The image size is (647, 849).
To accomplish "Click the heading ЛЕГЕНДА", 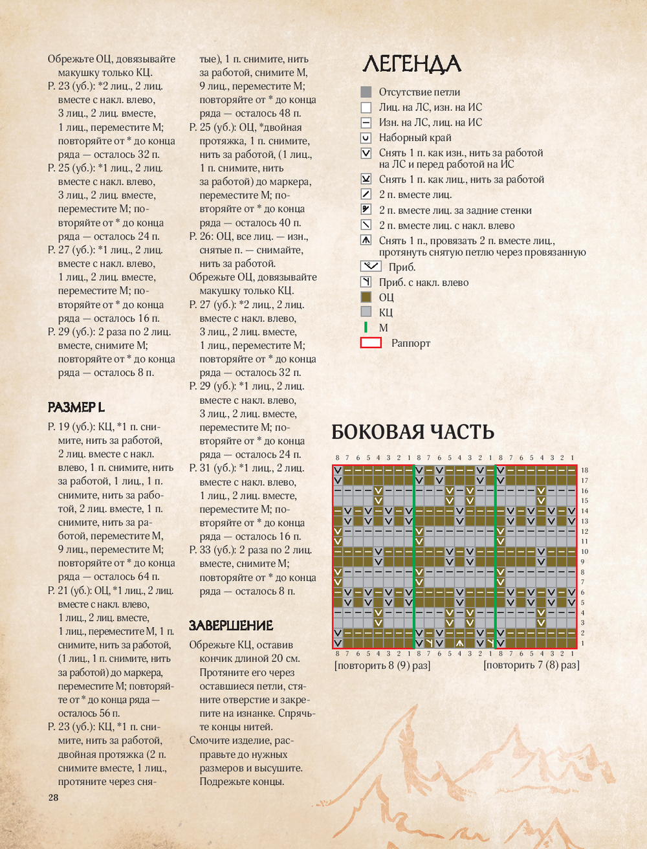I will (411, 64).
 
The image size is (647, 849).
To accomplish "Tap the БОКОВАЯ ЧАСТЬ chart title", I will (413, 432).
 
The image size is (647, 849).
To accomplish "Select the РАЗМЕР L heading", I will (76, 407).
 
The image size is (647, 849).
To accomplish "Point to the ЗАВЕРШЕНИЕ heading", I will (231, 625).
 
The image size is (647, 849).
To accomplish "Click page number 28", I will (53, 797).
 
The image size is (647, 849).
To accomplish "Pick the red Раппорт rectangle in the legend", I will (371, 343).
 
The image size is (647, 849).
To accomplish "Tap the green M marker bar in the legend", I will (366, 327).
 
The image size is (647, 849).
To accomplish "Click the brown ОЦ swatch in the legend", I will (366, 297).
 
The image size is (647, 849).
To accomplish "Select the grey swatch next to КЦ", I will (366, 312).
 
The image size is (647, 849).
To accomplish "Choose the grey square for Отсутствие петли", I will (366, 92).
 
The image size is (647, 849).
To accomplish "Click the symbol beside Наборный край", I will (366, 138).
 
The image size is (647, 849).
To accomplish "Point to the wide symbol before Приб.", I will (371, 267).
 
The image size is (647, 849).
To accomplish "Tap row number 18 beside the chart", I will (584, 470).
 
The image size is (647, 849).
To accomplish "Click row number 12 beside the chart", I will (584, 531).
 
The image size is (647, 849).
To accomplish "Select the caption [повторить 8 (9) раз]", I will (382, 665).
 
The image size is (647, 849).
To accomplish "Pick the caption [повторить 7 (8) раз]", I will (531, 665).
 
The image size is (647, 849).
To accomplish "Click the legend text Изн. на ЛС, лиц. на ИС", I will (430, 122).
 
